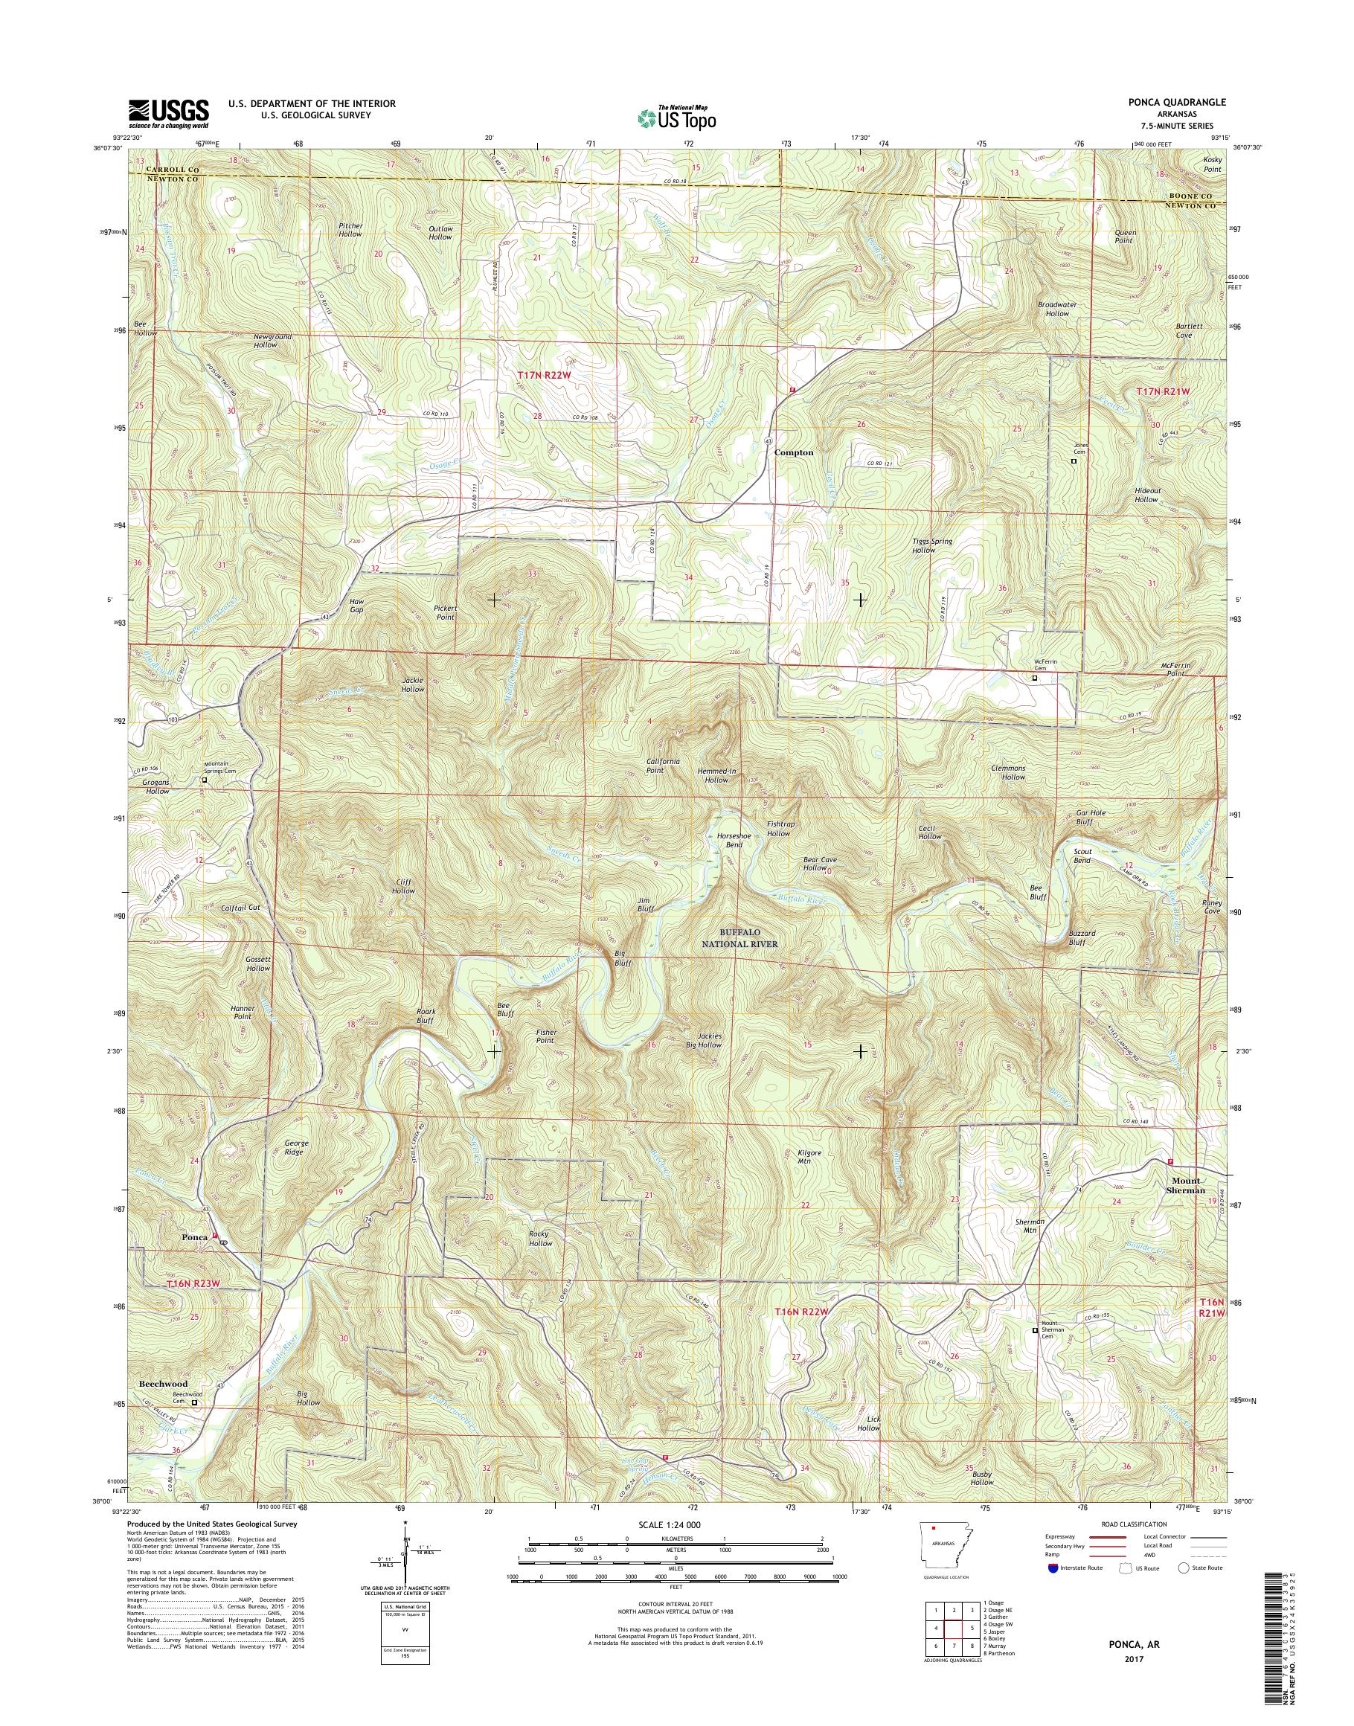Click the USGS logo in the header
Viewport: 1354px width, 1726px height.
169,113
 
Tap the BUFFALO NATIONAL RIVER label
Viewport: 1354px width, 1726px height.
739,940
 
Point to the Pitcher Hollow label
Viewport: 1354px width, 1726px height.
350,230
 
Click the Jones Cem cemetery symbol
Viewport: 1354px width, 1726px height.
1074,461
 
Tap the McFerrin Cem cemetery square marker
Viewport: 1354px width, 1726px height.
1035,678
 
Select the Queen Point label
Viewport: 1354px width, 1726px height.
1125,237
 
